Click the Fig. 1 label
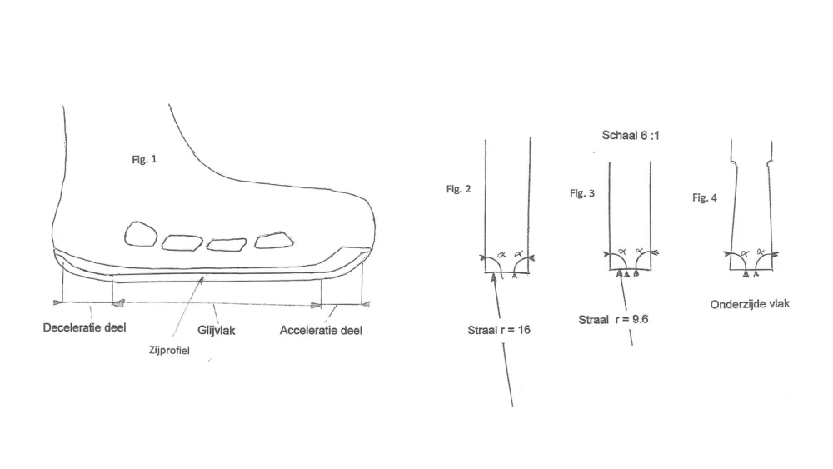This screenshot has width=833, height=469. click(x=144, y=159)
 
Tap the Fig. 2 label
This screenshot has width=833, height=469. click(x=458, y=189)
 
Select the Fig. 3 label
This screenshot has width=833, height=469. click(x=582, y=193)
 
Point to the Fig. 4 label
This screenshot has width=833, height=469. click(x=705, y=198)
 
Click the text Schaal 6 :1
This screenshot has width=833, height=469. click(x=631, y=136)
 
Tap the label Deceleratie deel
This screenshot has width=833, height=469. click(x=84, y=327)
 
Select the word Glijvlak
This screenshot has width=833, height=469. click(x=217, y=331)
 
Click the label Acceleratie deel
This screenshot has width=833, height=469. click(x=321, y=331)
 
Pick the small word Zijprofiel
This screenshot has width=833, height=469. click(x=169, y=351)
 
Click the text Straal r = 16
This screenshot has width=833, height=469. click(x=499, y=331)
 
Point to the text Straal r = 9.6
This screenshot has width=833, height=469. click(x=613, y=320)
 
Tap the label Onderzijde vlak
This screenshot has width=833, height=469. click(x=751, y=304)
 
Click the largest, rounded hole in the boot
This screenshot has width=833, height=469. click(x=141, y=234)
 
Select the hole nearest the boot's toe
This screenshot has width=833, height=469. click(x=273, y=241)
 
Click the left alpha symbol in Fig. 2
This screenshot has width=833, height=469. click(x=501, y=256)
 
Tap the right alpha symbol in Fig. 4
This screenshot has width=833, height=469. click(x=761, y=252)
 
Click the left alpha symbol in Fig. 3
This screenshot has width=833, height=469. click(x=622, y=252)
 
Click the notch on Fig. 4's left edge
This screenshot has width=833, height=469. click(x=734, y=163)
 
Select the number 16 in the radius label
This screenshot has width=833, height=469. click(x=524, y=331)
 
